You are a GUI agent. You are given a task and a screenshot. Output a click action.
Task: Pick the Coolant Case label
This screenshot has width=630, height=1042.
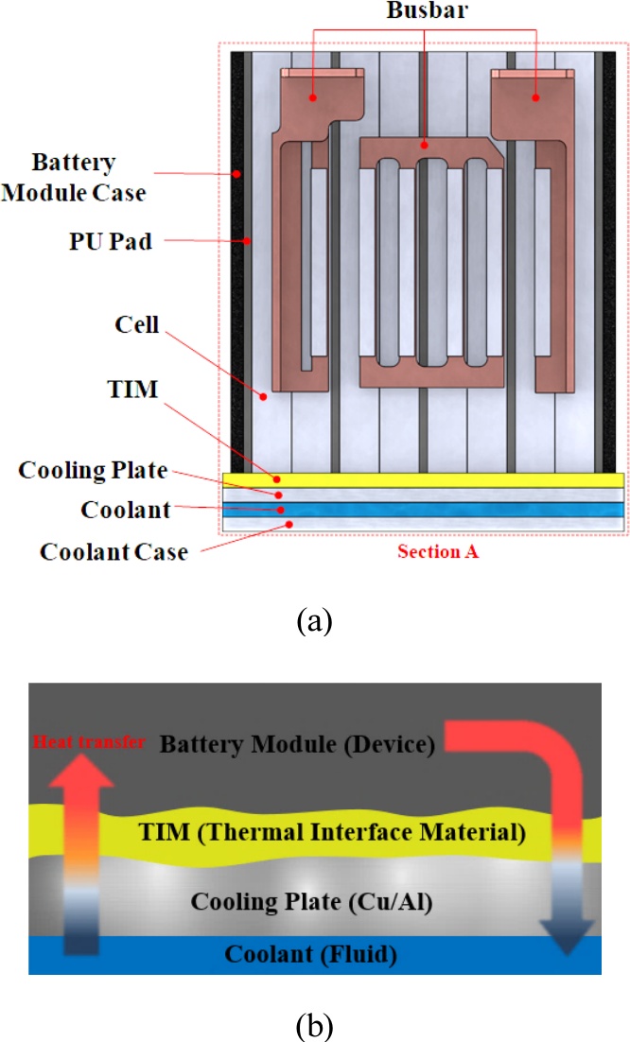(x=114, y=551)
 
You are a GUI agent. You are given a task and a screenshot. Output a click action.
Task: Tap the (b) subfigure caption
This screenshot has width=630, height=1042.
(x=314, y=1022)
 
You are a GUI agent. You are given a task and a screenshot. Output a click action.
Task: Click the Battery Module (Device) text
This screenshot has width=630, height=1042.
(x=297, y=745)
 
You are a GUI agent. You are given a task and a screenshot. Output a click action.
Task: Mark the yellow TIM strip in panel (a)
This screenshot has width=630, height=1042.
(x=422, y=479)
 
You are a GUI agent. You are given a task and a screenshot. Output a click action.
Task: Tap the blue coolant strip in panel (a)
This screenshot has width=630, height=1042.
(x=422, y=510)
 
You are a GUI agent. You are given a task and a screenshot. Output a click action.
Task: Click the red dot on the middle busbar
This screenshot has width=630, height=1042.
(x=425, y=146)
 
